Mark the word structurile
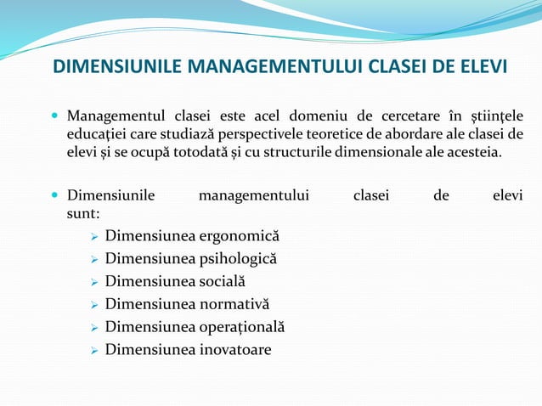[308, 153]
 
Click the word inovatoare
[229, 349]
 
